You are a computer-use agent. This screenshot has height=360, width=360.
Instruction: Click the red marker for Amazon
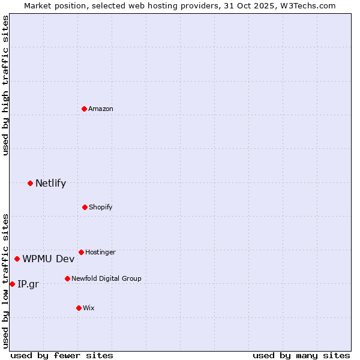pyautogui.click(x=85, y=109)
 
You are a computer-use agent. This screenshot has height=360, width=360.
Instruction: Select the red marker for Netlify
pyautogui.click(x=30, y=183)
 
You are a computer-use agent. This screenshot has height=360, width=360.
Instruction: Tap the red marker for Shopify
pyautogui.click(x=85, y=207)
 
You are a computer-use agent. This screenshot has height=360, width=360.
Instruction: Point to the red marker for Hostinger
pyautogui.click(x=81, y=252)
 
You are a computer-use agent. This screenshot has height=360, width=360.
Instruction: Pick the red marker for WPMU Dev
pyautogui.click(x=17, y=259)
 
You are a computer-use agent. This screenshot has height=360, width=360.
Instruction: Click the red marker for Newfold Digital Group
pyautogui.click(x=67, y=278)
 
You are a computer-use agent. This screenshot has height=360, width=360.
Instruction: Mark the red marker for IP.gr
pyautogui.click(x=12, y=284)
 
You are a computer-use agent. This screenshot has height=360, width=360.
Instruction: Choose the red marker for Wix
pyautogui.click(x=79, y=308)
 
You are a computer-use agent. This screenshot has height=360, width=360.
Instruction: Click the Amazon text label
pyautogui.click(x=101, y=109)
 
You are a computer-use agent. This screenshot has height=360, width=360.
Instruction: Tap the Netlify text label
pyautogui.click(x=50, y=184)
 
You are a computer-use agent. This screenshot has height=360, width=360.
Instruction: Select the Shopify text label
pyautogui.click(x=100, y=208)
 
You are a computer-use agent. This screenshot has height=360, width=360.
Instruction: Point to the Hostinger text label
pyautogui.click(x=100, y=253)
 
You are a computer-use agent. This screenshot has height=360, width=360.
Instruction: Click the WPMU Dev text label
pyautogui.click(x=49, y=259)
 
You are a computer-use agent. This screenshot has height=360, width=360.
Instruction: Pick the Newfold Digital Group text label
pyautogui.click(x=106, y=279)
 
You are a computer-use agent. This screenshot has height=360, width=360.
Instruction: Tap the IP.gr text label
pyautogui.click(x=28, y=284)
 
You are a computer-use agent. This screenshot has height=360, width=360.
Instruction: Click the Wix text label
pyautogui.click(x=89, y=308)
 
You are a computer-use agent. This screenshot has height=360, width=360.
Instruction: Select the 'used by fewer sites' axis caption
pyautogui.click(x=62, y=355)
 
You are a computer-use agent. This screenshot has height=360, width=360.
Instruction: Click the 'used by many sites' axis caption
pyautogui.click(x=301, y=355)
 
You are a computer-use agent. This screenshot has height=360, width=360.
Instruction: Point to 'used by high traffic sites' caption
pyautogui.click(x=5, y=85)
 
